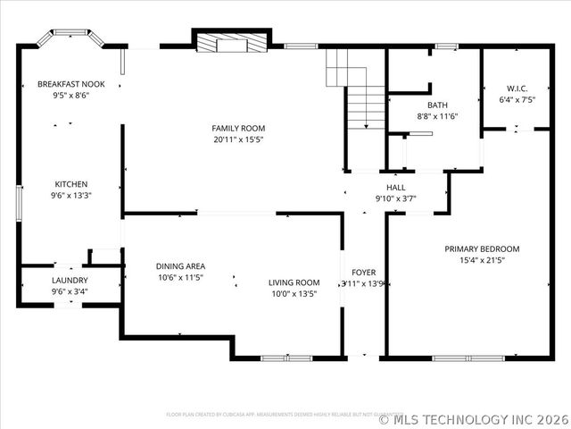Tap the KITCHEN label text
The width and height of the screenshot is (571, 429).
click(x=71, y=184)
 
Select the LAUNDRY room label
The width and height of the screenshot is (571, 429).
click(x=70, y=280)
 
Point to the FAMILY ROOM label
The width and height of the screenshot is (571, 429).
click(x=238, y=129)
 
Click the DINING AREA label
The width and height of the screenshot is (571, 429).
click(x=180, y=266)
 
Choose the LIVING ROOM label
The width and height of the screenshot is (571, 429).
click(x=294, y=282)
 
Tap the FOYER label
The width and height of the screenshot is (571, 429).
click(x=363, y=273)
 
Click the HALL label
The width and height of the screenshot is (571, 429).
click(x=396, y=187)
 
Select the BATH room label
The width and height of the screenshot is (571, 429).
click(x=437, y=105)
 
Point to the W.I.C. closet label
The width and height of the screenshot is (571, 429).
click(x=517, y=88)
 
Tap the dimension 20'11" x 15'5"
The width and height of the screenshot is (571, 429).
click(x=238, y=139)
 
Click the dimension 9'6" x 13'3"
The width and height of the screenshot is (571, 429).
click(x=71, y=195)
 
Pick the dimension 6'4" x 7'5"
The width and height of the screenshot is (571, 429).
click(x=517, y=100)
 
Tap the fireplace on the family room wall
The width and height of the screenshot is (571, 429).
click(x=231, y=42)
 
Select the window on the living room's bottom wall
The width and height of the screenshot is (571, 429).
click(x=286, y=358)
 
